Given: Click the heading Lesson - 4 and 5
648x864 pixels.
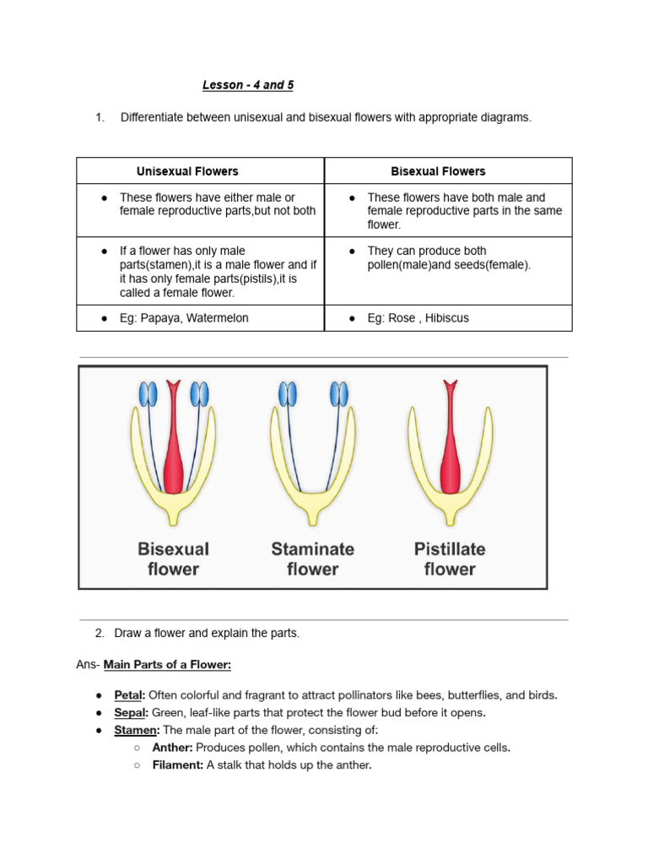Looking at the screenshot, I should (x=247, y=85).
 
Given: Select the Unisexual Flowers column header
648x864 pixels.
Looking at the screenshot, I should (x=187, y=171).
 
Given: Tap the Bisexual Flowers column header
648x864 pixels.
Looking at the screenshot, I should (x=438, y=171).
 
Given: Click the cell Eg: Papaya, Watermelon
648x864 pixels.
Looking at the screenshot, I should (x=184, y=318).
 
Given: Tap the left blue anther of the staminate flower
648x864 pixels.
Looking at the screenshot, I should (x=288, y=394).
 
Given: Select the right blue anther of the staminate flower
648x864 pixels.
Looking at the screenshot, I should (x=338, y=394).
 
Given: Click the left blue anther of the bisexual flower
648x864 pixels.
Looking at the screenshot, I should (x=148, y=394).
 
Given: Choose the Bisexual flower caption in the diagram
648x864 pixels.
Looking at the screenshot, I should (x=173, y=559).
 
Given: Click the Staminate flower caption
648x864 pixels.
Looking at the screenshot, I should (x=313, y=559).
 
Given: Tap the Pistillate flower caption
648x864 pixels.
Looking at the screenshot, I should (x=450, y=559).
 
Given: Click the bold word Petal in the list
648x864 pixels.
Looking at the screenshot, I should (x=129, y=695).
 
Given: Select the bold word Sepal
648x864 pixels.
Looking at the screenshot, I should (x=130, y=712).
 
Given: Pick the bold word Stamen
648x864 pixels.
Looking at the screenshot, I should (x=134, y=729).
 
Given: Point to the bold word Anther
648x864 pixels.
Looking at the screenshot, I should (x=171, y=748).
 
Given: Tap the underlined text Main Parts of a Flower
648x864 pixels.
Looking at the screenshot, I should (x=167, y=665).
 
